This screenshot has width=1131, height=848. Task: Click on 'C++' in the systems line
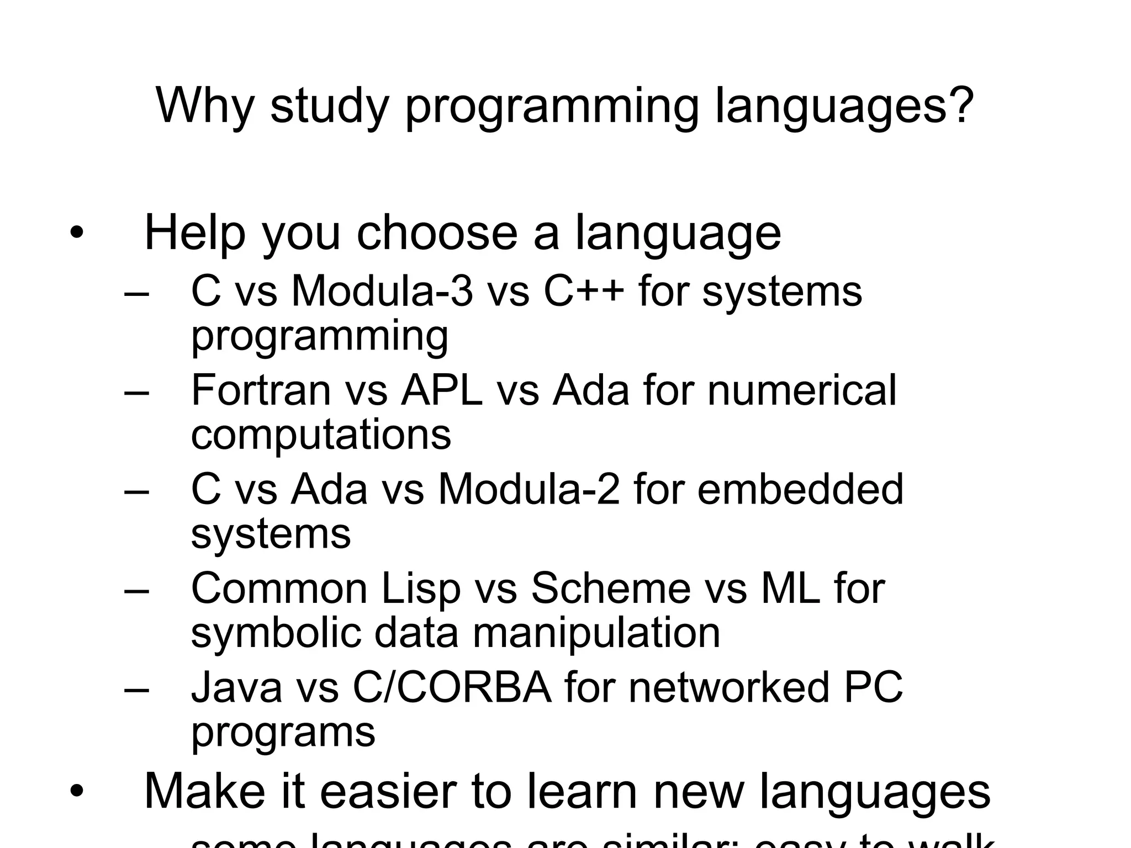584,291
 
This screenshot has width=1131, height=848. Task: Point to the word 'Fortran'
261,390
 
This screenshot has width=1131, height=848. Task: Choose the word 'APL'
442,390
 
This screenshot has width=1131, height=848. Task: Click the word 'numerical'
802,390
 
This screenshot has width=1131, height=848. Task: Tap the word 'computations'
321,434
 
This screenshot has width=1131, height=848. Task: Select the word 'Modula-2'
529,489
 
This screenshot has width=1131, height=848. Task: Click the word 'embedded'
800,489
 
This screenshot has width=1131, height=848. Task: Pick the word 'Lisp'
421,589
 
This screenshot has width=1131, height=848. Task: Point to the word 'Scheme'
611,589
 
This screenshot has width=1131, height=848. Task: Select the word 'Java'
237,688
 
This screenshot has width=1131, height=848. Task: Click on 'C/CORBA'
452,688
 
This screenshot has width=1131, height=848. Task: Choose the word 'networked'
729,688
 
